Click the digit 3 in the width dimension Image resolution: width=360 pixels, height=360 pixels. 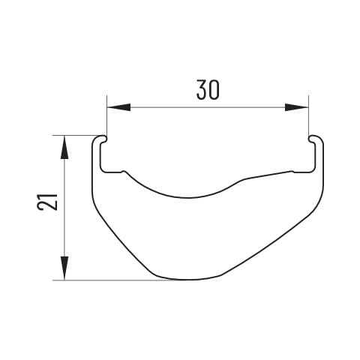coord(202,90)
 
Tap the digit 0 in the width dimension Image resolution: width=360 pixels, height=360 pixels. coord(214,90)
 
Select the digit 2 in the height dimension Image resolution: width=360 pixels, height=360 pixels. coord(47,205)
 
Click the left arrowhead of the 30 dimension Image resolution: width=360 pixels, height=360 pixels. coord(118,107)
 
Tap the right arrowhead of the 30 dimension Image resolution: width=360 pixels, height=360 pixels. coord(297,107)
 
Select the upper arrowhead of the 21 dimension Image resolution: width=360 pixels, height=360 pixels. coord(64,147)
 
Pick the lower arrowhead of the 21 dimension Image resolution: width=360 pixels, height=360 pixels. coord(64,268)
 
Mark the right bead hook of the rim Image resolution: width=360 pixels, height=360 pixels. coord(313,139)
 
